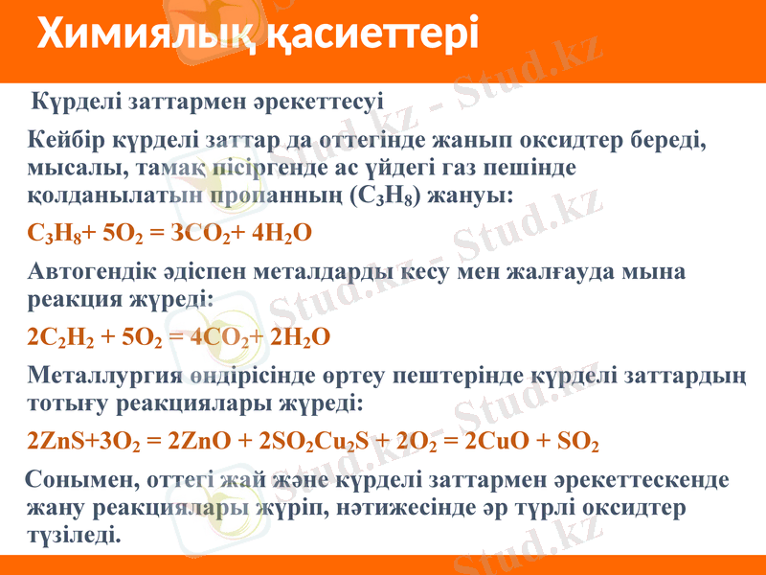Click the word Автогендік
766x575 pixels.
[94, 271]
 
